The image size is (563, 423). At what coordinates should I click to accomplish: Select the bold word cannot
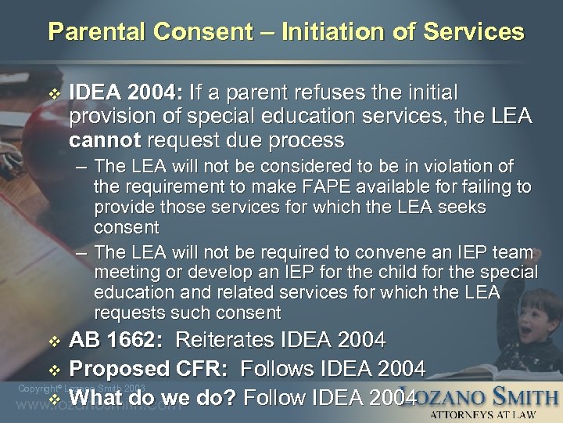(x=100, y=141)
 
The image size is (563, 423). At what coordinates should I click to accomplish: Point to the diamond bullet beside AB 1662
(x=54, y=341)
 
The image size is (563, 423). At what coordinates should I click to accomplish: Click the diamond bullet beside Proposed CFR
(x=54, y=369)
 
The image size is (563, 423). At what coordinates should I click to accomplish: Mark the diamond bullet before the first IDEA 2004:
(x=54, y=93)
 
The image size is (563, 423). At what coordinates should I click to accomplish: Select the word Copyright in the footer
(x=34, y=388)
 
